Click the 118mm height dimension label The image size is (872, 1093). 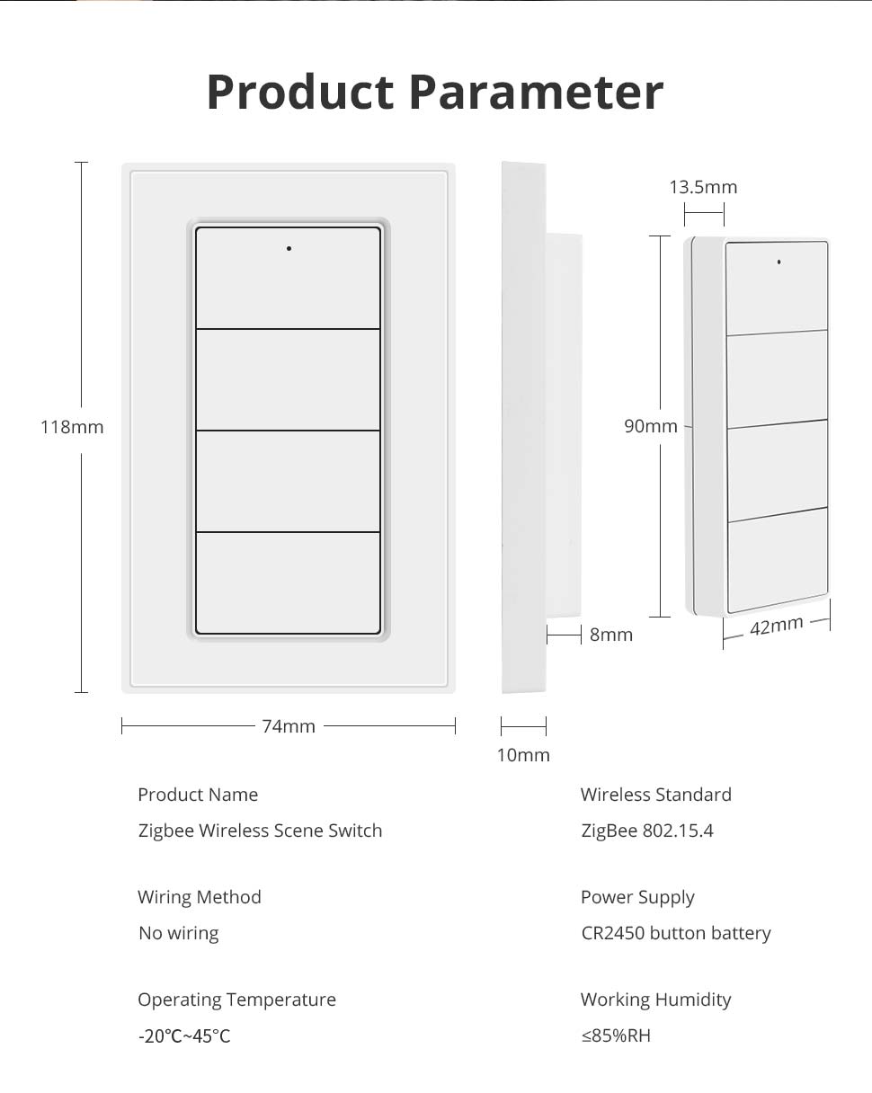[x=72, y=427]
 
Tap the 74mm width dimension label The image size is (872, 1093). [x=289, y=726]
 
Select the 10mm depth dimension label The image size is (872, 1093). [x=523, y=755]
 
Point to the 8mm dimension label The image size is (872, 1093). [x=611, y=635]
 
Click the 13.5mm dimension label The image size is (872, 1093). [x=703, y=187]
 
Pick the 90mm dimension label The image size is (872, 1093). [x=651, y=426]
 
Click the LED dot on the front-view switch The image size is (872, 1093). [x=289, y=248]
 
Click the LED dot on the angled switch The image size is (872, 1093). [x=779, y=262]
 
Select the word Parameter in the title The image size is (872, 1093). [x=536, y=92]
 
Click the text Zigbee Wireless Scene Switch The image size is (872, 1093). [x=260, y=831]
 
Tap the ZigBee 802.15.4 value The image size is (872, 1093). [x=647, y=831]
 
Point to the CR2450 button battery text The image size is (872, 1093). [x=676, y=933]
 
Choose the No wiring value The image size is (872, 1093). [x=178, y=933]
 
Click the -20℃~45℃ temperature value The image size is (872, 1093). [x=184, y=1035]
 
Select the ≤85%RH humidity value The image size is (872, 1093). [x=616, y=1035]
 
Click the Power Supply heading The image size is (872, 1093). [x=637, y=897]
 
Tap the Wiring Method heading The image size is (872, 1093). [x=200, y=897]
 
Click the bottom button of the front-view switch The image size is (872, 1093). [x=289, y=582]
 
